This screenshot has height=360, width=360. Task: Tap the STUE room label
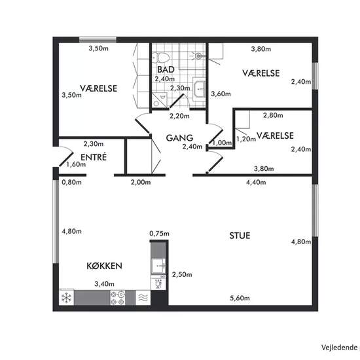click(240, 236)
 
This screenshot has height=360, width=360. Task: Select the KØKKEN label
click(104, 266)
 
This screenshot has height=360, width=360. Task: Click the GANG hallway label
click(179, 137)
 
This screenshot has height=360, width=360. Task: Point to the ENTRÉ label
click(94, 157)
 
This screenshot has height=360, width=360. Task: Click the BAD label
click(166, 69)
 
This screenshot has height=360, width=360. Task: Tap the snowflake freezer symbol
click(67, 298)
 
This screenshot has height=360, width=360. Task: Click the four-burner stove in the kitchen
click(118, 298)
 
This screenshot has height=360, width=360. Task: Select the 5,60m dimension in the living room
click(240, 298)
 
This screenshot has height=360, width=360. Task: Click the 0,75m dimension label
click(159, 234)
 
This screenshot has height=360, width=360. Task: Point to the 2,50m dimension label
click(182, 274)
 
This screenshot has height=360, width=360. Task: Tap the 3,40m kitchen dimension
click(105, 284)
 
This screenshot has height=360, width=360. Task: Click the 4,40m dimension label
click(256, 183)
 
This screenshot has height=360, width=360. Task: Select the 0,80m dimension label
click(71, 183)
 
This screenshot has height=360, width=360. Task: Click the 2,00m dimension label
click(141, 183)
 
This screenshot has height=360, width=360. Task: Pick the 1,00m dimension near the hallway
click(222, 143)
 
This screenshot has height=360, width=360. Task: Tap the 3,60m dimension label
click(221, 94)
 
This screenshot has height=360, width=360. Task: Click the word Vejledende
click(339, 348)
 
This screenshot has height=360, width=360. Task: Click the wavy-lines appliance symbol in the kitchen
click(143, 298)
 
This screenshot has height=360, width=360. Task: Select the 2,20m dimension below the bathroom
click(179, 116)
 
